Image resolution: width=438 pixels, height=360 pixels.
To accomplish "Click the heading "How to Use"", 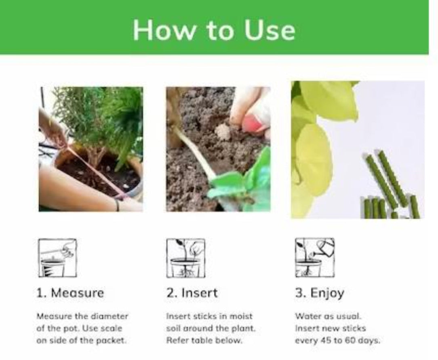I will pos(214,30).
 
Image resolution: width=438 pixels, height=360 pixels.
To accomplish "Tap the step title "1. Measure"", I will pos(70,293).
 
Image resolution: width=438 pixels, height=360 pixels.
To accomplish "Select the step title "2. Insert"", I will pos(192,293).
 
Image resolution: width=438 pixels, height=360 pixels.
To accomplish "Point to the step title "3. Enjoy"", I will pos(319,293).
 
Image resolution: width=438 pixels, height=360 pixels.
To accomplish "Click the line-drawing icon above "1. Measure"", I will pos(57,258).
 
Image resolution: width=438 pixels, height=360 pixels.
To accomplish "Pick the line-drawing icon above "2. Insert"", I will pos(185,258).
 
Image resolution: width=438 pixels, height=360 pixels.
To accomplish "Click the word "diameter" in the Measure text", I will pos(109,316).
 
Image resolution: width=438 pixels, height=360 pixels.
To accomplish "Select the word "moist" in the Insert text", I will pos(242,316).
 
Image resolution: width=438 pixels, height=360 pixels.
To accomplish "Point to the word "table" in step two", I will pos(200,340).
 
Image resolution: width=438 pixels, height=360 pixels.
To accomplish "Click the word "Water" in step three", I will pos(305,316).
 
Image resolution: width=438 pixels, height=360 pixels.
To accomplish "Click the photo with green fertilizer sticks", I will pos(357,150).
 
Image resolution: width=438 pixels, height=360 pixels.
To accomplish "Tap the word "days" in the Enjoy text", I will pos(369,340).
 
